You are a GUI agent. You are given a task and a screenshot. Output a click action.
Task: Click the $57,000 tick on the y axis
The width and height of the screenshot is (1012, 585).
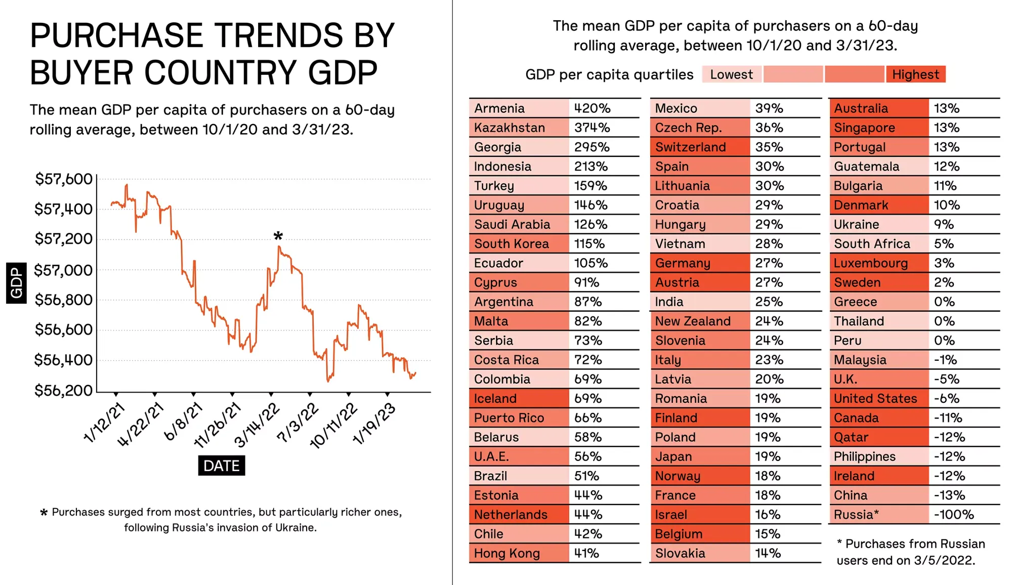coord(63,270)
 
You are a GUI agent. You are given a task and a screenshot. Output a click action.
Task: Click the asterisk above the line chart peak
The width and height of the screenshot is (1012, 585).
coord(278,236)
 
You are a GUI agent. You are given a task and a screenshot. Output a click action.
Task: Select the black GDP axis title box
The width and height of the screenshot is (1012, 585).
coord(16,283)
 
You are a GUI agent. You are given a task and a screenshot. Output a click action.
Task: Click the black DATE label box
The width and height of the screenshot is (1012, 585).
coord(221,466)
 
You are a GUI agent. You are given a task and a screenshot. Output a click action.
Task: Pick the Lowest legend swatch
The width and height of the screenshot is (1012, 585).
coord(731,74)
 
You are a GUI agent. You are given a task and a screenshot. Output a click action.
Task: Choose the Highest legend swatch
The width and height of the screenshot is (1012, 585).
coord(915,74)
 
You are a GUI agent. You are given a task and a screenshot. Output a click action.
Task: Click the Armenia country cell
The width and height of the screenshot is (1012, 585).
coord(519,108)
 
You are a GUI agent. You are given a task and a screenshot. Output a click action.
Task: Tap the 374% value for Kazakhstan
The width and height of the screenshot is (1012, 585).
coord(592,128)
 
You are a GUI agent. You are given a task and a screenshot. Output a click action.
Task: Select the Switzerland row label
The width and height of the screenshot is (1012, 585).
coord(691,147)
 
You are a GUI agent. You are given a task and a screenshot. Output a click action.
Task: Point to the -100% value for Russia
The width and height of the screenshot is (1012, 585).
coord(953,515)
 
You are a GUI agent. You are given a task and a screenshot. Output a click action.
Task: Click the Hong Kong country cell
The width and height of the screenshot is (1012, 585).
coord(519,553)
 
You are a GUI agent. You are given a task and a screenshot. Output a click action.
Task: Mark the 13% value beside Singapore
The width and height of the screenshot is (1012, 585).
coord(946,128)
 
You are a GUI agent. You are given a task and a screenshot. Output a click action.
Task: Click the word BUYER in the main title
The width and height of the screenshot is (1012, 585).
coord(81,72)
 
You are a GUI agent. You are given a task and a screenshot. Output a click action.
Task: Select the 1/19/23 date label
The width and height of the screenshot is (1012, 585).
coord(374,424)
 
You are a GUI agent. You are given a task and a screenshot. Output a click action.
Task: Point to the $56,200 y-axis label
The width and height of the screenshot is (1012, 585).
coord(63,391)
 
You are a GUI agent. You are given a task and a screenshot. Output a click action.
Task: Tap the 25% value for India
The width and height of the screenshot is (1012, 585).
coord(769,302)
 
